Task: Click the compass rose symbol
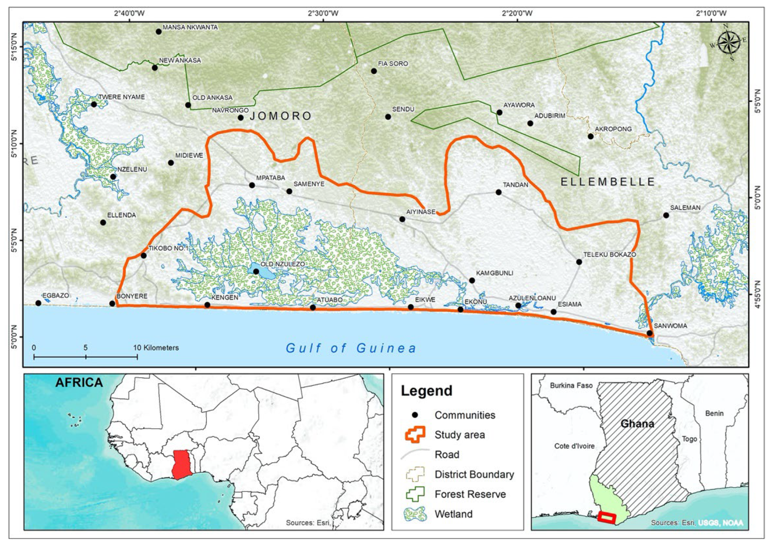pyautogui.click(x=729, y=43)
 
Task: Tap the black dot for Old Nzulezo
pyautogui.click(x=256, y=271)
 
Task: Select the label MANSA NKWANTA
pyautogui.click(x=190, y=27)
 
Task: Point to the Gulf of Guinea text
pyautogui.click(x=351, y=348)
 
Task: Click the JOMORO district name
pyautogui.click(x=280, y=116)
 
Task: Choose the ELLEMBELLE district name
pyautogui.click(x=608, y=182)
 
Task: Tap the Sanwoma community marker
pyautogui.click(x=649, y=333)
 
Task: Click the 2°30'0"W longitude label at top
pyautogui.click(x=323, y=13)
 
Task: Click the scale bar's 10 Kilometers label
pyautogui.click(x=156, y=348)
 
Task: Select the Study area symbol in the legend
pyautogui.click(x=415, y=434)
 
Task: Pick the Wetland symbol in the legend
pyautogui.click(x=415, y=514)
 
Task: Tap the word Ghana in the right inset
pyautogui.click(x=637, y=424)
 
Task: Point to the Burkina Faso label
pyautogui.click(x=571, y=385)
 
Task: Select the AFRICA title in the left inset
pyautogui.click(x=79, y=382)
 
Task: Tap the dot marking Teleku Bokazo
pyautogui.click(x=579, y=262)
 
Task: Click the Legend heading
pyautogui.click(x=426, y=391)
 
